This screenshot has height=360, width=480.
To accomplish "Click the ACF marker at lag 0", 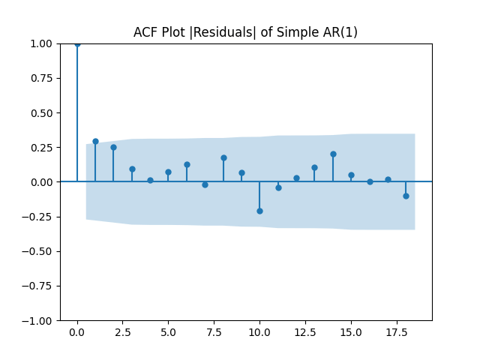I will tap(77, 43).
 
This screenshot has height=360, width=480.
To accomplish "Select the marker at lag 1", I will tap(95, 141).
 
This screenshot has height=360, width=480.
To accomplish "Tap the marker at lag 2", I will tap(113, 147).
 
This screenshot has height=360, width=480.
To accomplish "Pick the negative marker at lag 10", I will tap(259, 211).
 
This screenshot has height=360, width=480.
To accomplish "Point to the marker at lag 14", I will tap(333, 154).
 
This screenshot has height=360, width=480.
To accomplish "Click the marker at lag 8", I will tap(223, 157).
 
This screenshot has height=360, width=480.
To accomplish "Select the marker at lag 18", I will tap(406, 196).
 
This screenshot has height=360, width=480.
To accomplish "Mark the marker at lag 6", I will tap(187, 164).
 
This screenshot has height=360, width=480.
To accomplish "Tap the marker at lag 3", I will tap(132, 169).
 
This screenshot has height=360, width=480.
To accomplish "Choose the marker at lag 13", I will tap(314, 167).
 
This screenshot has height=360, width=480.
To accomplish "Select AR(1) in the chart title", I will tap(341, 32).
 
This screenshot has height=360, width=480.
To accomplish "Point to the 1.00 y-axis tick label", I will tap(42, 43).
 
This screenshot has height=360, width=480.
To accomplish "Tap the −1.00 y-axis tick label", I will tap(39, 320).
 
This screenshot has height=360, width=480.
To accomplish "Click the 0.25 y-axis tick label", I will tap(42, 147).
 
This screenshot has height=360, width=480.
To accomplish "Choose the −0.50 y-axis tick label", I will tap(39, 251).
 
